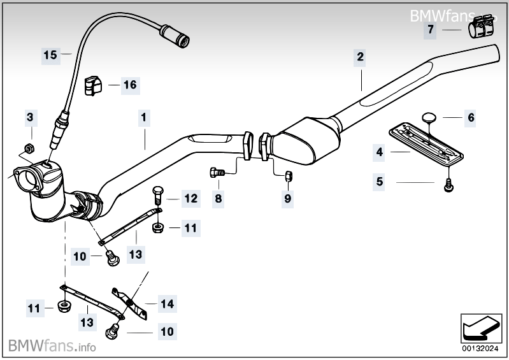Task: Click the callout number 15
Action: click(50, 55)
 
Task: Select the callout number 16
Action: click(129, 84)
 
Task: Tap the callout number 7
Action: click(431, 29)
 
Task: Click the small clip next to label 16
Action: click(93, 83)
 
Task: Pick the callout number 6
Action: click(471, 117)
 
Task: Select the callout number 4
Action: click(379, 152)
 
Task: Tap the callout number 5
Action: click(379, 182)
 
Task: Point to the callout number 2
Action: click(360, 57)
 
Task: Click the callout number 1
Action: click(144, 117)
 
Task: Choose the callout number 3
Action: click(29, 117)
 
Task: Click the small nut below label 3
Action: click(29, 150)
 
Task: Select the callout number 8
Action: click(219, 198)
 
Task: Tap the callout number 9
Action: click(287, 199)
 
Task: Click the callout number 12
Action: click(191, 198)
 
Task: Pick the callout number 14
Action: click(167, 304)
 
